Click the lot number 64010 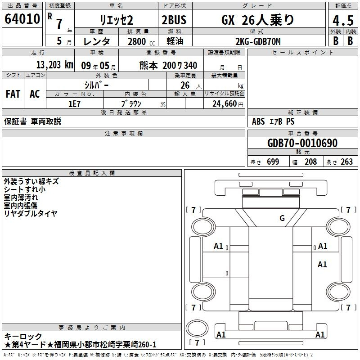(x=22, y=19)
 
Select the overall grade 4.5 (x=343, y=20)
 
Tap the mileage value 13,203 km (x=55, y=65)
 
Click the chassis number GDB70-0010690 (x=302, y=143)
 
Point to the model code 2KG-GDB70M (x=258, y=41)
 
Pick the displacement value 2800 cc (x=141, y=41)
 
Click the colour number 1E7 (x=74, y=104)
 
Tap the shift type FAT (x=13, y=94)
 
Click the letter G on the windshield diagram (x=282, y=218)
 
